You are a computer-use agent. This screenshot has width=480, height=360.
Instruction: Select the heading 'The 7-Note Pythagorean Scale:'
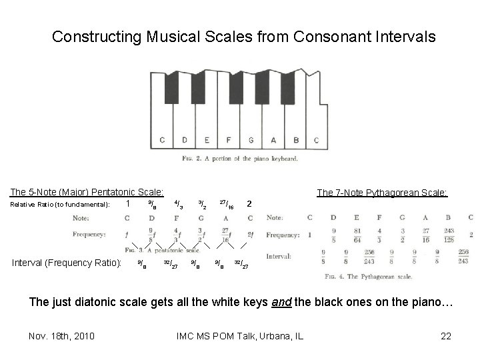click(382, 193)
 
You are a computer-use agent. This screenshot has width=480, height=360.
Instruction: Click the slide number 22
click(447, 335)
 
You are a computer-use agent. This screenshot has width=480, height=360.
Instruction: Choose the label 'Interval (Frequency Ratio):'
click(66, 263)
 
